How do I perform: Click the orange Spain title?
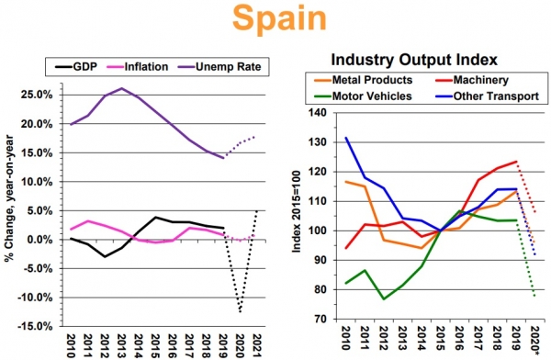pos(279,18)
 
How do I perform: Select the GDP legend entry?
pos(76,66)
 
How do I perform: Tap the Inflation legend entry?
pos(137,66)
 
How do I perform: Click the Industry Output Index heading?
pos(414,60)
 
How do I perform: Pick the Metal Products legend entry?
pos(364,80)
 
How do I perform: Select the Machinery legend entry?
pos(472,80)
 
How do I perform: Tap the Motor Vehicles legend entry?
pos(363,96)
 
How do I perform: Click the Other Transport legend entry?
pos(487,96)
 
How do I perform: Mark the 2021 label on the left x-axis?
pos(257,345)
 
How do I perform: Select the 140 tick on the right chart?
pos(318,113)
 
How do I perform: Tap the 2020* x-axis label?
pos(535,339)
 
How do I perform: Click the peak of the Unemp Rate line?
pos(121,88)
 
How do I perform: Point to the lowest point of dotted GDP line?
pos(240,311)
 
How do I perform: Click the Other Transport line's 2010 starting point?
pos(346,138)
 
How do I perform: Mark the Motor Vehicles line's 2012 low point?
pos(383,299)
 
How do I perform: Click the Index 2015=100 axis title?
pos(297,211)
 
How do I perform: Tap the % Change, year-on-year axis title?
pos(9,198)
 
